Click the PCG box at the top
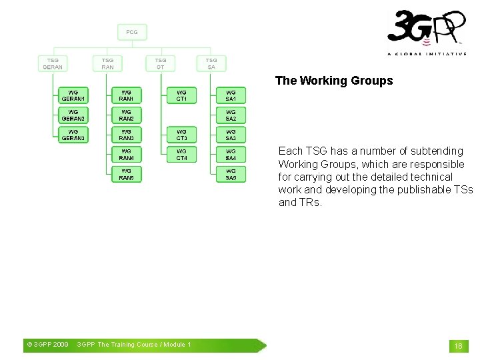(132, 32)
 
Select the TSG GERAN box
(53, 63)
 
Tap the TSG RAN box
(107, 63)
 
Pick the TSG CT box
(161, 63)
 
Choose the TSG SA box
(211, 63)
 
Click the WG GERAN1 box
(73, 95)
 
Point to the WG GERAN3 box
(73, 135)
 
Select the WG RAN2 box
(127, 115)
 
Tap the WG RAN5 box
(127, 175)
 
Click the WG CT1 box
(182, 95)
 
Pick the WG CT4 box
(182, 155)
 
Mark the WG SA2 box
(231, 115)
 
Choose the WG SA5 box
(231, 175)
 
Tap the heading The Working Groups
(334, 81)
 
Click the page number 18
(458, 346)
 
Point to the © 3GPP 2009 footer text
(47, 345)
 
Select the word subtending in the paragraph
(437, 151)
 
